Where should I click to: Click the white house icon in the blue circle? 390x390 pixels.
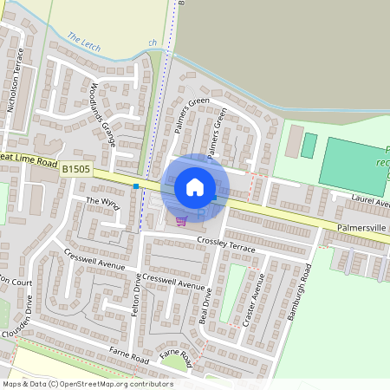point(195,186)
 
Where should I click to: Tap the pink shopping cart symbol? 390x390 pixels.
point(180,220)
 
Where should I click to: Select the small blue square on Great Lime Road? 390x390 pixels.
point(136,185)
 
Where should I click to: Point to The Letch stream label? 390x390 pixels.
point(84,40)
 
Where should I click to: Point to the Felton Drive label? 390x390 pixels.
point(136,294)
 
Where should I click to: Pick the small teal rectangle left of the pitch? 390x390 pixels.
point(309,145)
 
